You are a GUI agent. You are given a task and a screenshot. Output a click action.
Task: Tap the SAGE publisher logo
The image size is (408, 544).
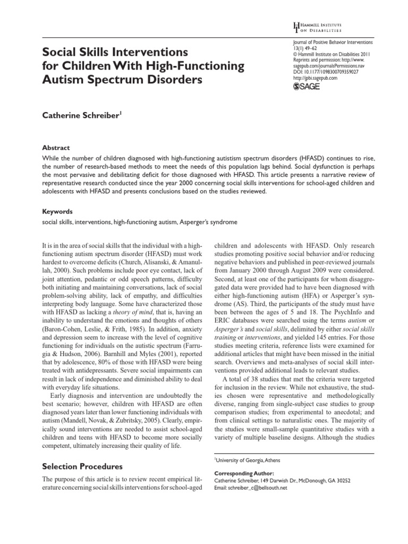[308, 87]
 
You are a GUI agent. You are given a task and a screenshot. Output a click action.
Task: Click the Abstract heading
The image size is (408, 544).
[57, 148]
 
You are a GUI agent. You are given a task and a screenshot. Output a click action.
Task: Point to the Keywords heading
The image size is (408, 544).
[58, 211]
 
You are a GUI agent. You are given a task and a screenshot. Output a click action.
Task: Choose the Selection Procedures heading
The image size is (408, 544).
[82, 466]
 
